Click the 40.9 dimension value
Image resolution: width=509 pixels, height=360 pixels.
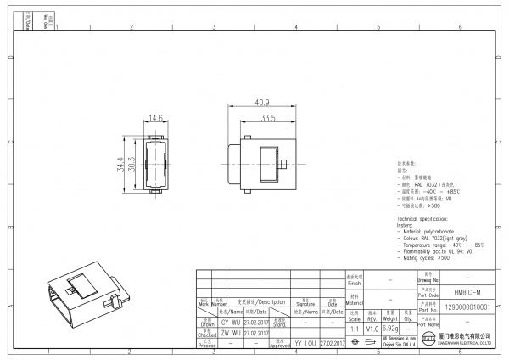tap(260, 102)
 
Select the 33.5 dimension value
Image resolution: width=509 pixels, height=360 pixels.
tap(269, 117)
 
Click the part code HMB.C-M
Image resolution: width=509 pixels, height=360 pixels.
tap(467, 291)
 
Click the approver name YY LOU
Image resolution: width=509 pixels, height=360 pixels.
tap(304, 343)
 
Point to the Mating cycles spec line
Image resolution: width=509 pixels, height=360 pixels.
tap(433, 257)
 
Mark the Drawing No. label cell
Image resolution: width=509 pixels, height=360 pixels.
tap(429, 277)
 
